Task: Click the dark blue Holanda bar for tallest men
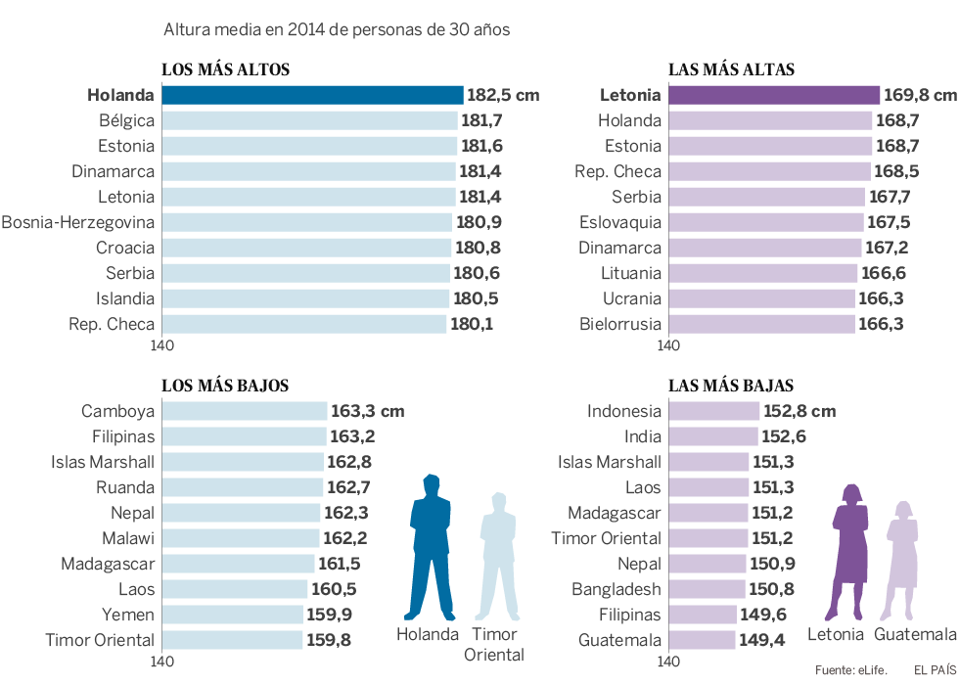312,95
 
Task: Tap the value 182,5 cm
503,96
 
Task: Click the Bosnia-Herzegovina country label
78,222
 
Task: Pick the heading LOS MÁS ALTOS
225,69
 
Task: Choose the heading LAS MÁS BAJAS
731,386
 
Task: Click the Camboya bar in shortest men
244,411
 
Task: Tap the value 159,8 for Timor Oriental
328,640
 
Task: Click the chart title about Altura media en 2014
337,30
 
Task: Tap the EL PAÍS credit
934,670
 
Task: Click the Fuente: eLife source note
850,670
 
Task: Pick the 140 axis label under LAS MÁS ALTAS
668,345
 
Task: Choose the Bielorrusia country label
620,324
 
